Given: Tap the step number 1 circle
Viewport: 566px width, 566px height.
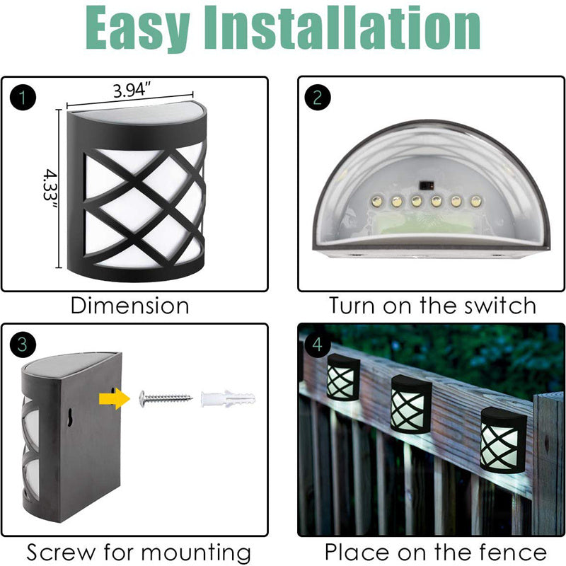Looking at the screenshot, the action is coord(23,98).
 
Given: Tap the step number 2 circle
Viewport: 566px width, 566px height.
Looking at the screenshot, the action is coord(318,98).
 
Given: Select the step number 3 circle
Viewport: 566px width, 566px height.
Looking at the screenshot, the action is coord(23,345).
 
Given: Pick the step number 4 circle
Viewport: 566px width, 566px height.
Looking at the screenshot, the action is coord(318,345).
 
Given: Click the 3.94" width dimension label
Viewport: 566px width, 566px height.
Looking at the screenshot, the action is coord(132,90).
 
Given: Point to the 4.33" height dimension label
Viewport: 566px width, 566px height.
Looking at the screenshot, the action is coord(50,190).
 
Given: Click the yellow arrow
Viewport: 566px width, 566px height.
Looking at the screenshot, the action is coord(115,399).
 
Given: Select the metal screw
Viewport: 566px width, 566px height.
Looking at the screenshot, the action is coord(166,399).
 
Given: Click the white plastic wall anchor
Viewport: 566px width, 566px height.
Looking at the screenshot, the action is coord(228,399).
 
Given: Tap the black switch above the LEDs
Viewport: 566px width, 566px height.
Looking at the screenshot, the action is coord(427,185).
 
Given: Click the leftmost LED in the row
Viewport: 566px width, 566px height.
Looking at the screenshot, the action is coord(377,200).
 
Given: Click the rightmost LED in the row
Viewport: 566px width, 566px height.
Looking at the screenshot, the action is coord(475,201).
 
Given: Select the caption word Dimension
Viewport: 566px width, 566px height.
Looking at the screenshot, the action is coord(130,306).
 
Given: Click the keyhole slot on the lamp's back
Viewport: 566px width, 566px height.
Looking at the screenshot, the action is coord(69,417).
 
